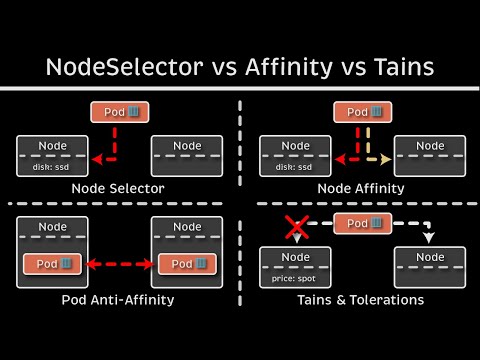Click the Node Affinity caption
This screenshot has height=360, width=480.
pyautogui.click(x=361, y=188)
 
